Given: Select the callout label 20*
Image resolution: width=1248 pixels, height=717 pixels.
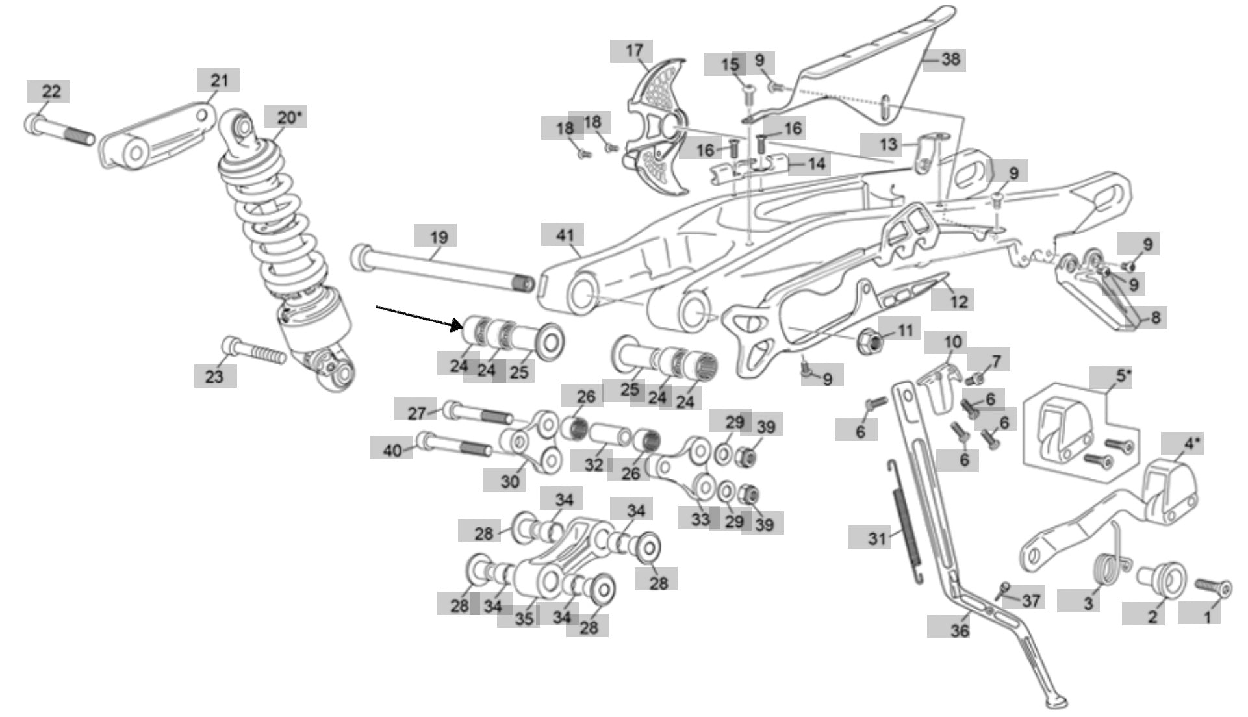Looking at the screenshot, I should (286, 117).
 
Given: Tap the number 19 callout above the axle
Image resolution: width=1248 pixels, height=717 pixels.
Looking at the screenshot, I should (439, 236).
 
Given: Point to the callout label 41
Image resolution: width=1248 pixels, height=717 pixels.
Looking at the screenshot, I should (563, 234).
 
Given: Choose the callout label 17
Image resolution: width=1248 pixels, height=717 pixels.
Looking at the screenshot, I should (634, 51).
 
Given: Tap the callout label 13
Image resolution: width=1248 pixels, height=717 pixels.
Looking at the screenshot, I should (887, 144).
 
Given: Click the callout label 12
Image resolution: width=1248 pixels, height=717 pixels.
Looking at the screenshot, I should (959, 301).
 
